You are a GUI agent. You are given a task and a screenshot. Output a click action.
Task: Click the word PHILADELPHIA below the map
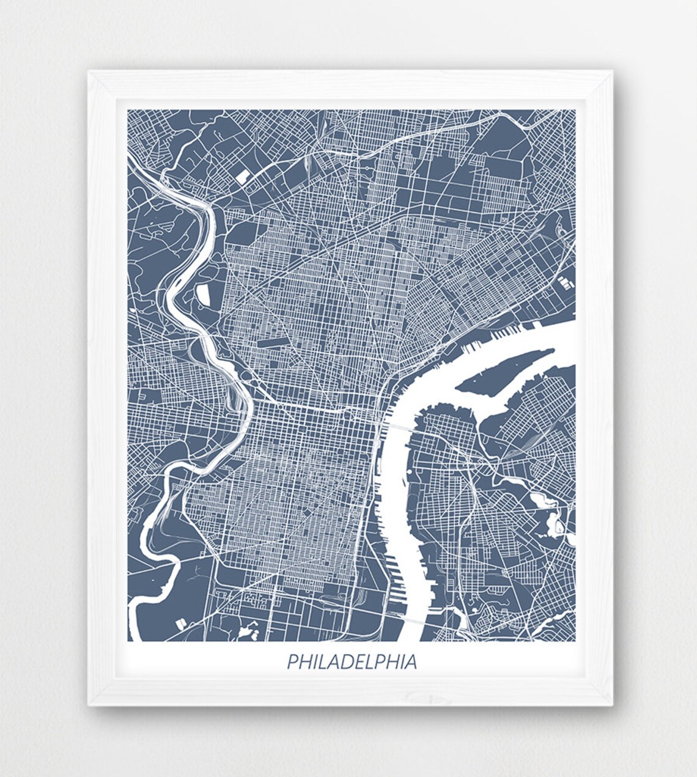(352, 662)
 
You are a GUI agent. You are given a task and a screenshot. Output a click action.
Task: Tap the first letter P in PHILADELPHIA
(291, 663)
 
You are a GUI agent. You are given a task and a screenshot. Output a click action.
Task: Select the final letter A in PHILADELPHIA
(411, 663)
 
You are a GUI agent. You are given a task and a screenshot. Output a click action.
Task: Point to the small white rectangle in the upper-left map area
(242, 161)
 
